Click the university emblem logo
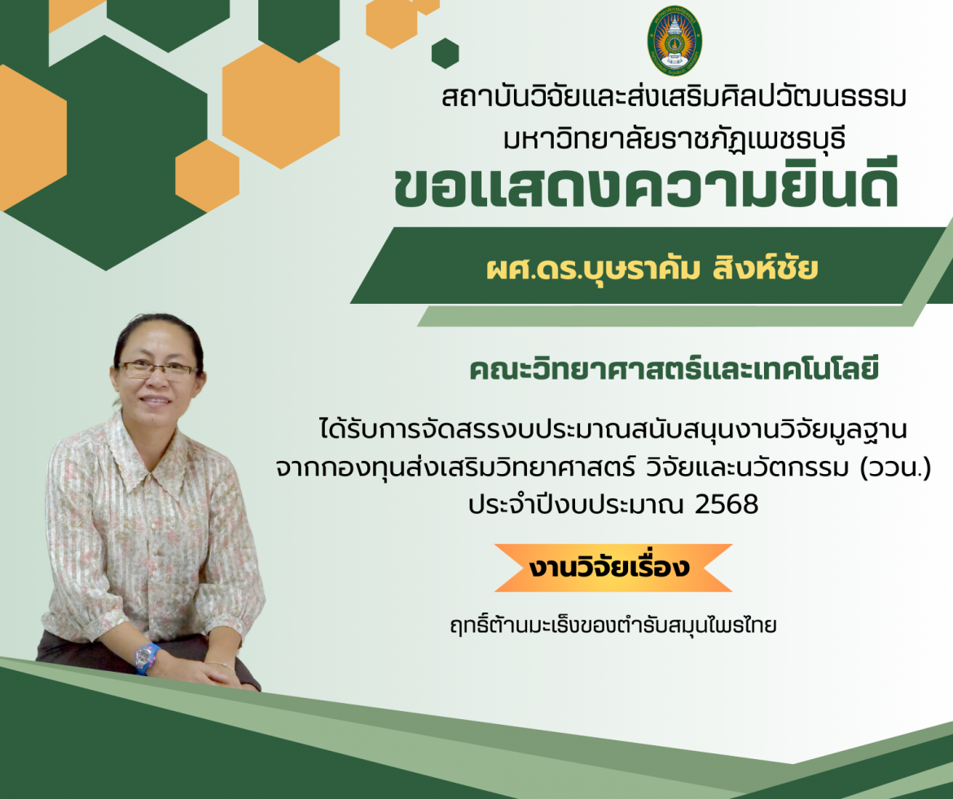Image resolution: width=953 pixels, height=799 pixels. pos(674,41)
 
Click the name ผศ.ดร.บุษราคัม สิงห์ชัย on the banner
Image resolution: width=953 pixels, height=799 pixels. pos(652,269)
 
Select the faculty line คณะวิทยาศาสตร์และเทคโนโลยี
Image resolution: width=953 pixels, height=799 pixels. pos(674,368)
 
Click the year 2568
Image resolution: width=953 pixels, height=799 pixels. pos(727,504)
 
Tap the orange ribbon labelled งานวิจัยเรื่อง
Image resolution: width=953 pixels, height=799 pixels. pos(613,568)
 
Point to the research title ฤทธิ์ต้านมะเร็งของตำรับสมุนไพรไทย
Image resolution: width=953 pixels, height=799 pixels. pos(613,625)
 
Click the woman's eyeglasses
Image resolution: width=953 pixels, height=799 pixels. pos(157,370)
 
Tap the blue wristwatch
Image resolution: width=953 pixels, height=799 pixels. pos(147,659)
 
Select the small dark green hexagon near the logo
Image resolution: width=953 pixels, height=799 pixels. pos(446,54)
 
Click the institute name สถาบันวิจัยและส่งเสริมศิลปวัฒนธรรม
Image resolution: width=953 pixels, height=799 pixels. pos(674,97)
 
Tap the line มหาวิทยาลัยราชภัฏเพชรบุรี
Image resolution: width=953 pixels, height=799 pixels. pos(674,138)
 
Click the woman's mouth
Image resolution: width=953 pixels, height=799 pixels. pos(155,401)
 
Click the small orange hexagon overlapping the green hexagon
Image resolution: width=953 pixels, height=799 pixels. pos(207,176)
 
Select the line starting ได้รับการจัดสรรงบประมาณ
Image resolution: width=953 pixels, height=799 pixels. pos(613,429)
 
